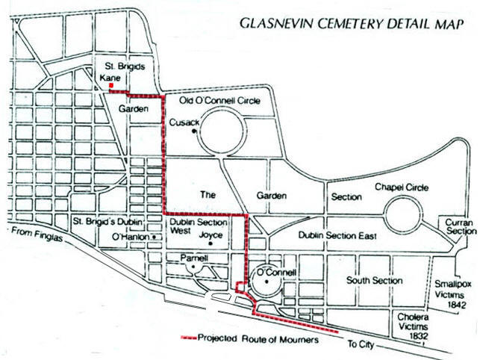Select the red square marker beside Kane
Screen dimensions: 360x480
(111, 87)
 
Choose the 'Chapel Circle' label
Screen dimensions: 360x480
(402, 187)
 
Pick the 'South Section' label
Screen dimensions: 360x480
(374, 280)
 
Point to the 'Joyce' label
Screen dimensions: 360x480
(211, 235)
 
